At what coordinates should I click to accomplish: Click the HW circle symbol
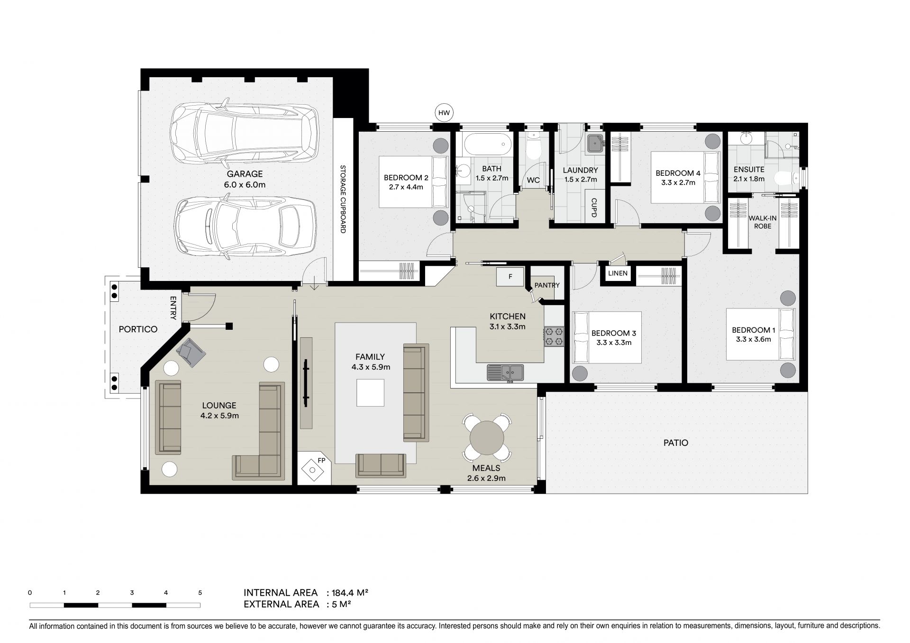[x=444, y=113]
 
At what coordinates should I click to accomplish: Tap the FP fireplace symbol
[x=313, y=469]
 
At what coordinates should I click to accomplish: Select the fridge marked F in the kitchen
[x=510, y=277]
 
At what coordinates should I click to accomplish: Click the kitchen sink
[x=505, y=372]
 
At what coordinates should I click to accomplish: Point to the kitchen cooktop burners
[x=554, y=336]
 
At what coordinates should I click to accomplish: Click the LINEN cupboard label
[x=618, y=273]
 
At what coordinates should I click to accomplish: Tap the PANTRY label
[x=547, y=285]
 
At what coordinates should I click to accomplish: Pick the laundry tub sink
[x=595, y=144]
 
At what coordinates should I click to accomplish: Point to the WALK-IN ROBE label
[x=760, y=222]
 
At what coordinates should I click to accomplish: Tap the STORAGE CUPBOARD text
[x=343, y=199]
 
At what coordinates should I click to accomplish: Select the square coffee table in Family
[x=370, y=393]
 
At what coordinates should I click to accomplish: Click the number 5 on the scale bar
[x=200, y=593]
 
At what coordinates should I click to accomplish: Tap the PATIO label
[x=676, y=443]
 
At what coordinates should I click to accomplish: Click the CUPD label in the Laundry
[x=593, y=207]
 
